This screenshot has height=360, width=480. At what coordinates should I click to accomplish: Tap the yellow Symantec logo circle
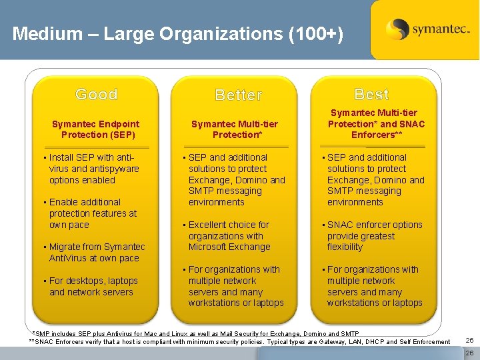coord(397,29)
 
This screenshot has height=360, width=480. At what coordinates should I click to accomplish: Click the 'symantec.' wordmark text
coord(441,30)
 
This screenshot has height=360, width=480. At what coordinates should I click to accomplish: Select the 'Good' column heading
coord(96,94)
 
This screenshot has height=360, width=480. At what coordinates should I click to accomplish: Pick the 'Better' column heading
coord(239,95)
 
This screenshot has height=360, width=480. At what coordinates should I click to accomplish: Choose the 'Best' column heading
coord(371,94)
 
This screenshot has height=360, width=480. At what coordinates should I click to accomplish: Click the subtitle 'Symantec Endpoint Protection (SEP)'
coord(96,129)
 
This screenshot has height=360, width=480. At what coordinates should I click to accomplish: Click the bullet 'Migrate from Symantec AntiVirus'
coord(96,253)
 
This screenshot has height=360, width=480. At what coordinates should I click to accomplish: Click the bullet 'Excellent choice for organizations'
coord(229,236)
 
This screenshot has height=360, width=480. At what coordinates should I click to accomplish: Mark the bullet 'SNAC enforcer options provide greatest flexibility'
coord(374,236)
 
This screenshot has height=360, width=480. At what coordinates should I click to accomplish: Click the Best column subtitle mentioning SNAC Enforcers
coord(375,124)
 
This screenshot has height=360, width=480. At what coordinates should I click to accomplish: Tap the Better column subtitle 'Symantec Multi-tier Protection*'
coord(234,129)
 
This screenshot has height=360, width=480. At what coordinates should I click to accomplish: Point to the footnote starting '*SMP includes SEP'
coord(195,333)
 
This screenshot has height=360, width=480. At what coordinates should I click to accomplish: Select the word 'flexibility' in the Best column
coord(345,247)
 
